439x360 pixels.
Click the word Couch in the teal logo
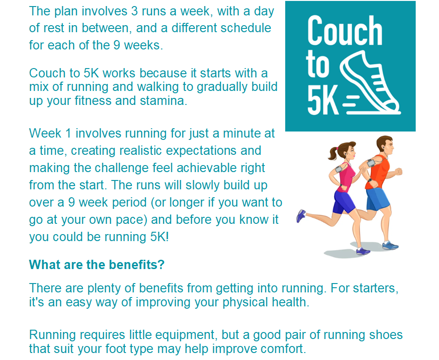coord(345,30)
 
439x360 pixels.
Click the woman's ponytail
coord(333,153)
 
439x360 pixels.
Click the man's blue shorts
coord(377,199)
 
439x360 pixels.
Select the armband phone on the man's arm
coord(372,162)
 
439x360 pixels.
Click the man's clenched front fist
coord(398,171)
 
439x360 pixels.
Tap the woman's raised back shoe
coord(301,216)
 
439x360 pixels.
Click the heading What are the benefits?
coord(97,264)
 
